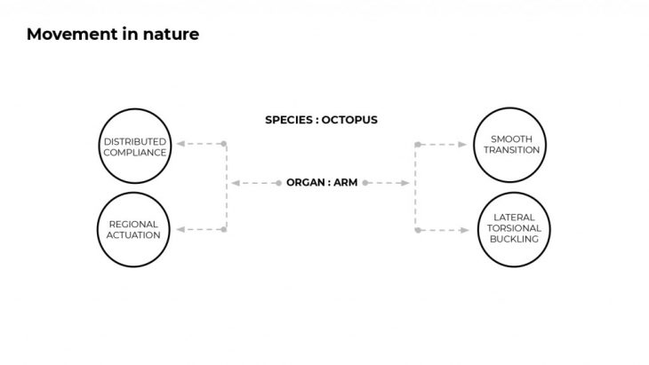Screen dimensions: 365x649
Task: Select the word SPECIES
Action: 288,120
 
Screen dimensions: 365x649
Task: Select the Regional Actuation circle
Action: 134,229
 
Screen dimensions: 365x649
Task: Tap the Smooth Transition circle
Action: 508,145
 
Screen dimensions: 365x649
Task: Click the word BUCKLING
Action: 508,240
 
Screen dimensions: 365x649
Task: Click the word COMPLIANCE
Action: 134,151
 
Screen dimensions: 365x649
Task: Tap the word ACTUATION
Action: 134,235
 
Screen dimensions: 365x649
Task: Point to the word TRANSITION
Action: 508,151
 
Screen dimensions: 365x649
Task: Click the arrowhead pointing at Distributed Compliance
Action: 180,143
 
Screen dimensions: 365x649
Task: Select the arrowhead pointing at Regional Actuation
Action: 180,229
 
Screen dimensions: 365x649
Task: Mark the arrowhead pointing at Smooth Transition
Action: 461,143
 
